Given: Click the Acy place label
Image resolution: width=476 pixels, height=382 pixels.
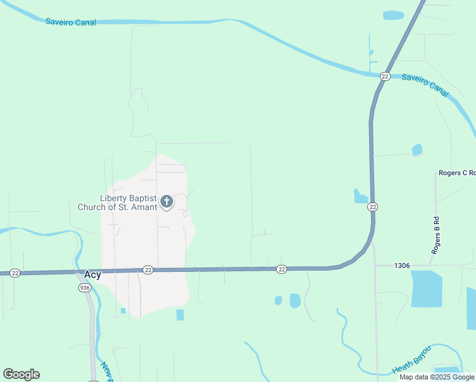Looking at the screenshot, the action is tap(93, 274).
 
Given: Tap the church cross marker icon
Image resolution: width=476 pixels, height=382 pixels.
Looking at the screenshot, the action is tap(167, 202).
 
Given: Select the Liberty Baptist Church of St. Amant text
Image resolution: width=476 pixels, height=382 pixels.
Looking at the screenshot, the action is tap(118, 202).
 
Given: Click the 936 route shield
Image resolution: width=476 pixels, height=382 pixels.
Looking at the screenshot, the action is tap(85, 288).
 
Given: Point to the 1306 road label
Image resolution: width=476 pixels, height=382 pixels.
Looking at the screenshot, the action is tap(402, 265).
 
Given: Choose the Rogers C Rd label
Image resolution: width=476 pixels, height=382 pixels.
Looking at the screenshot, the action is tap(457, 173).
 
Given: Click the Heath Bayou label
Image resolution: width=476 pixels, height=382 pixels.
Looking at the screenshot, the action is tap(411, 360).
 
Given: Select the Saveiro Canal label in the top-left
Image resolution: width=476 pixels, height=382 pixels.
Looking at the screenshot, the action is tap(71, 22).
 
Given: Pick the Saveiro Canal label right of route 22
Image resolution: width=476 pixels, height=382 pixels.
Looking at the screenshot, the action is tap(425, 85).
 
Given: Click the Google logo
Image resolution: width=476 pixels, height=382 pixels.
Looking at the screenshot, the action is tap(21, 374).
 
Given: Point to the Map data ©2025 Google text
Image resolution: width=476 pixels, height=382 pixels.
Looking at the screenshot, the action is tap(437, 377).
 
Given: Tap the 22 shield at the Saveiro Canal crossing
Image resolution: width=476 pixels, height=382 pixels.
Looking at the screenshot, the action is tap(384, 76).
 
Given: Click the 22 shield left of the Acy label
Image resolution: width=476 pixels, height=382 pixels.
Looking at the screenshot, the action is tap(15, 272).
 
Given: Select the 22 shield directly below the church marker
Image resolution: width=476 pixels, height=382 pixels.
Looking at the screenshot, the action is tap(148, 270).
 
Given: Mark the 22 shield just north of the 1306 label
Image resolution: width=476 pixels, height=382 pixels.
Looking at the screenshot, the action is tap(373, 207).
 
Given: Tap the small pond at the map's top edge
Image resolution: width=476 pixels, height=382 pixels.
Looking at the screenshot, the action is tap(393, 15).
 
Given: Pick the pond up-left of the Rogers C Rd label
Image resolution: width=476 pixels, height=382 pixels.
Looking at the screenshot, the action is tap(417, 150).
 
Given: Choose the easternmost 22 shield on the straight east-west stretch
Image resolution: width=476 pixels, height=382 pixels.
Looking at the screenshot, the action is tap(281, 270).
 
